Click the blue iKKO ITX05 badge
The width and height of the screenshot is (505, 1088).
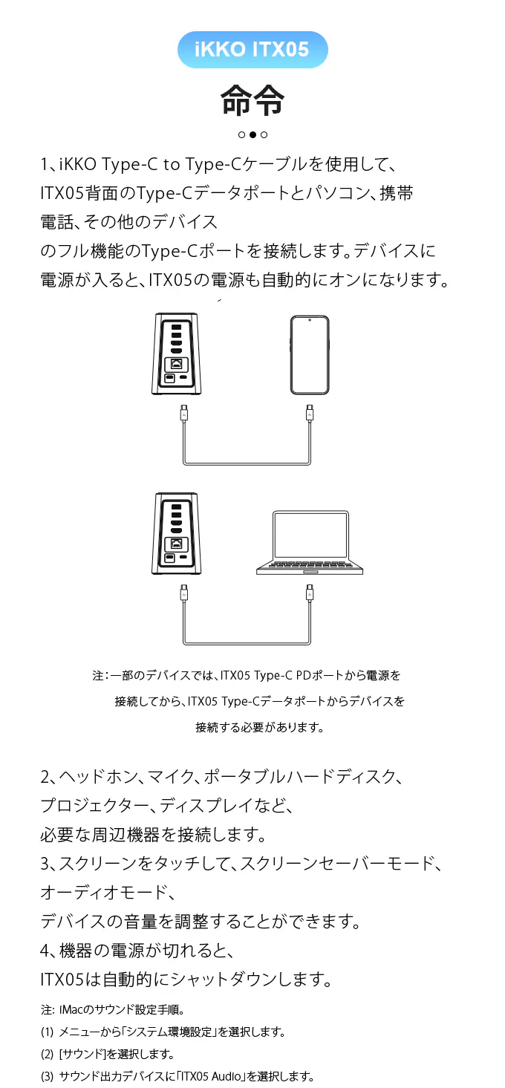252,50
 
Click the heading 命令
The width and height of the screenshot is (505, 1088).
252,100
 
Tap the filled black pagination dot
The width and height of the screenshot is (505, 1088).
252,134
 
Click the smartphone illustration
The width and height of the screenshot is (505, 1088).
310,355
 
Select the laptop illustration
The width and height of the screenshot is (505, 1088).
310,543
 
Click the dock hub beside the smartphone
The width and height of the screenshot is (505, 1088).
177,354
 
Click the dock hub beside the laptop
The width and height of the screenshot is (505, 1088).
177,533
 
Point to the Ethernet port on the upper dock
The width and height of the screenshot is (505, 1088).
176,363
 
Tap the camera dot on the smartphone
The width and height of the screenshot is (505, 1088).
310,320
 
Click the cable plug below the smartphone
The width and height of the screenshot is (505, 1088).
310,413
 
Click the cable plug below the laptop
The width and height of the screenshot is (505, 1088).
310,593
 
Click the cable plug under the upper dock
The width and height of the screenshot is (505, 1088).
184,413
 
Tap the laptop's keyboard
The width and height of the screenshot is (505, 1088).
309,565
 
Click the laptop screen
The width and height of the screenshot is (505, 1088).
310,534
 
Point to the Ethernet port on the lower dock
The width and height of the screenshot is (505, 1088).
176,543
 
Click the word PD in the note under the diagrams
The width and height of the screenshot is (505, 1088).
303,675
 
